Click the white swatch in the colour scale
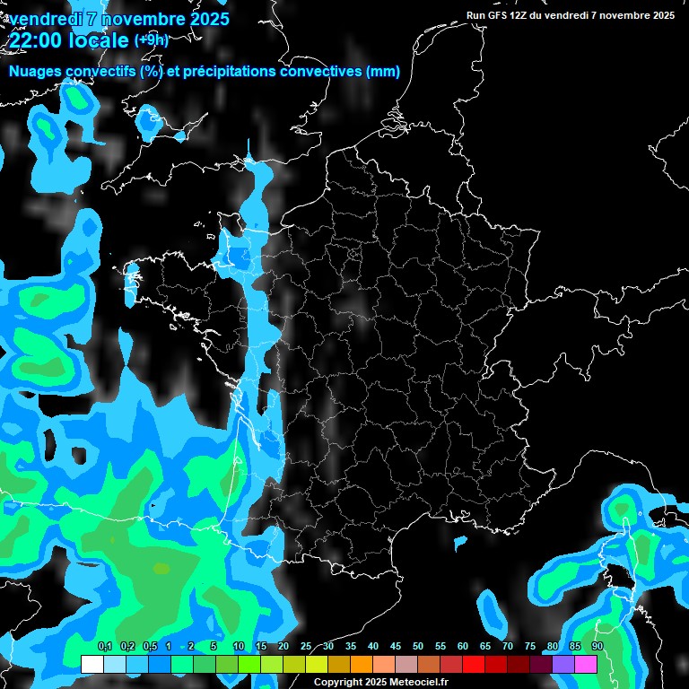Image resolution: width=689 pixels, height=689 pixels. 92,664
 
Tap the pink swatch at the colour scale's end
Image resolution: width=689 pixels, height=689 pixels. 586,664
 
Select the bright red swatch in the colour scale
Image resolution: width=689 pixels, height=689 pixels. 474,664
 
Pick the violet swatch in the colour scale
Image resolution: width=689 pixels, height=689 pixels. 563,664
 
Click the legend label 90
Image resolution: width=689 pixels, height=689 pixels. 597,647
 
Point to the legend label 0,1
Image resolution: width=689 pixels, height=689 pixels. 104,647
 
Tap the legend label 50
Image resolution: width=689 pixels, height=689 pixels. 418,647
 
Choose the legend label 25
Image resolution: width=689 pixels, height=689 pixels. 306,647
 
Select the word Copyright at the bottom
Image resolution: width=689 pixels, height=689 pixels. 338,683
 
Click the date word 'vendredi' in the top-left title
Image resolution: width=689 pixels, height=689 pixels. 46,19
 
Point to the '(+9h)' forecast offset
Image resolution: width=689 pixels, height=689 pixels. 151,39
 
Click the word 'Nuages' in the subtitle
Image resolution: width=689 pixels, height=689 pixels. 34,72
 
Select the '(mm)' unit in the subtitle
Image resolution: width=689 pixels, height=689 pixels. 383,72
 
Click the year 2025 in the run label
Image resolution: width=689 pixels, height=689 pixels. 661,15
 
